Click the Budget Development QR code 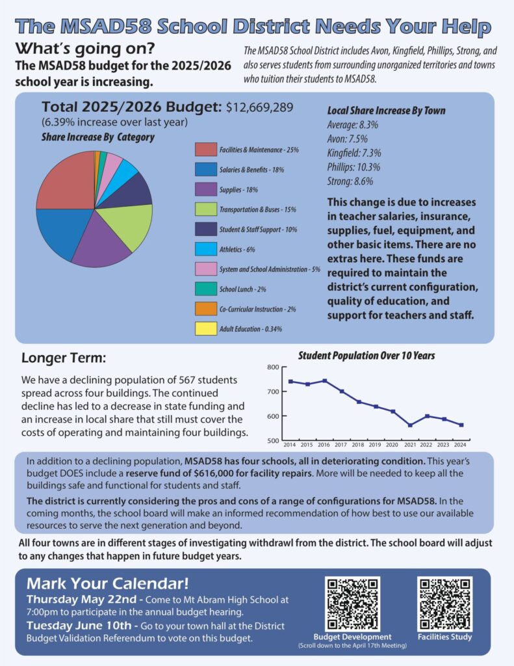pos(352,604)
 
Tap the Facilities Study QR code pos(444,604)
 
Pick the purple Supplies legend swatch pos(206,189)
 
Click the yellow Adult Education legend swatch pos(206,328)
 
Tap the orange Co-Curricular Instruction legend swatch pos(206,309)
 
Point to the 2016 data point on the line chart pos(325,380)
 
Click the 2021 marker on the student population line pos(410,425)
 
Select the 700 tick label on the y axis pos(273,391)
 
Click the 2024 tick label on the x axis pos(460,445)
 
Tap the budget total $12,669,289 pos(259,107)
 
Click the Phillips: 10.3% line pos(353,167)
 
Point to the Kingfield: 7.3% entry pos(354,153)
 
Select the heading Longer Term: pos(64,358)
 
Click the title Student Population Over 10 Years pos(366,356)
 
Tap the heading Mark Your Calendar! pos(107,583)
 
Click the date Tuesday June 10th pos(79,626)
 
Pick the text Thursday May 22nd pos(81,599)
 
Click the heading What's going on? pos(85,49)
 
